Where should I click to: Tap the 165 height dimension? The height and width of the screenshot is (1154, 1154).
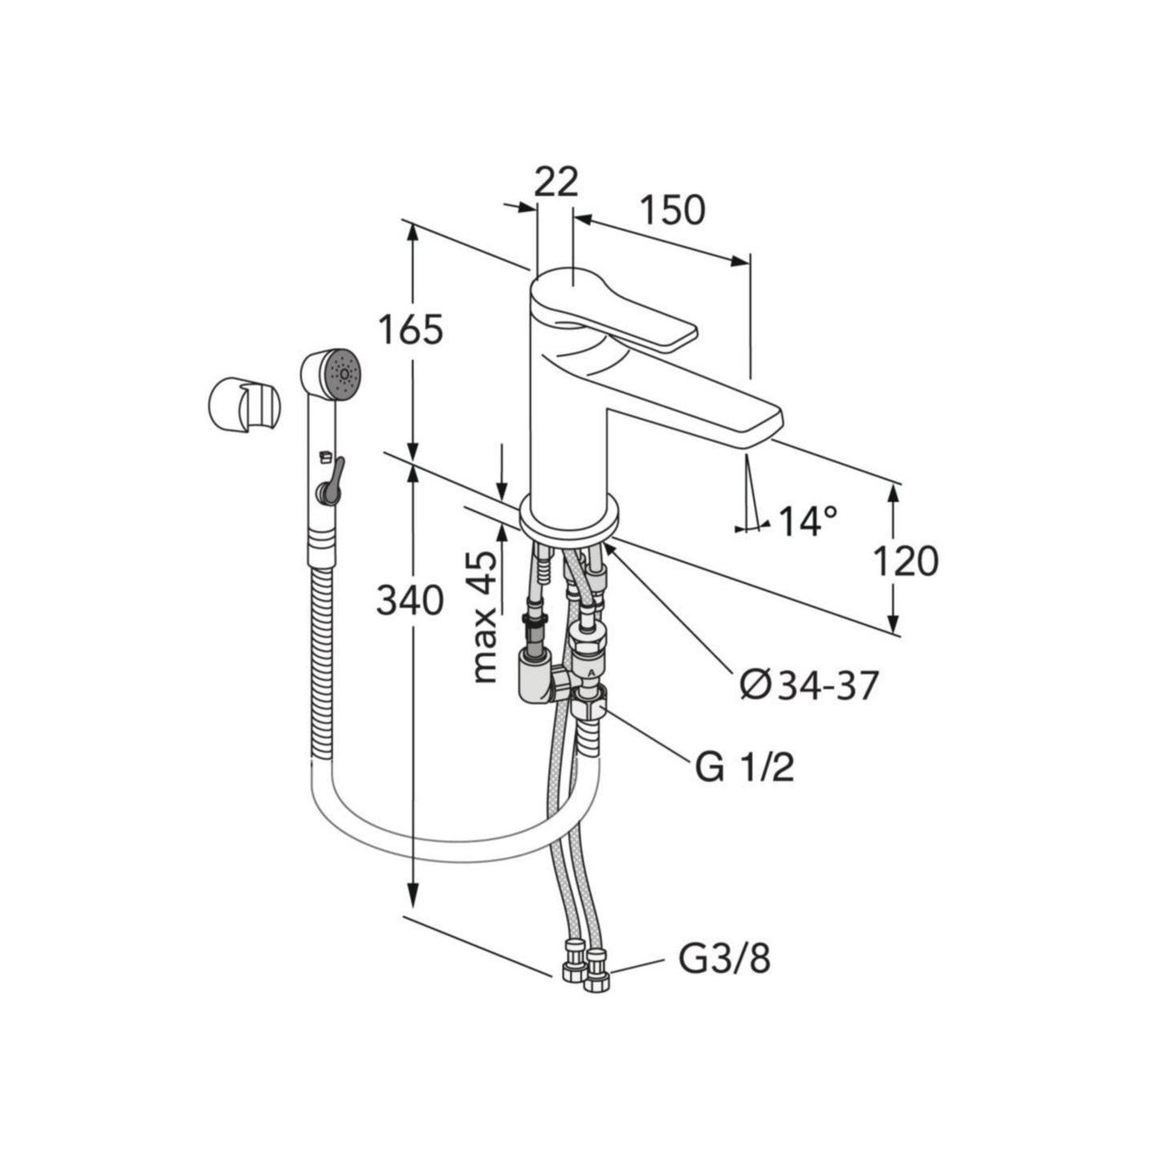coord(412,329)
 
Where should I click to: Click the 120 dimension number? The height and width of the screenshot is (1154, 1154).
coord(905,562)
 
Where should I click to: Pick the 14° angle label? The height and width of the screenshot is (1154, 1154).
coord(807,520)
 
